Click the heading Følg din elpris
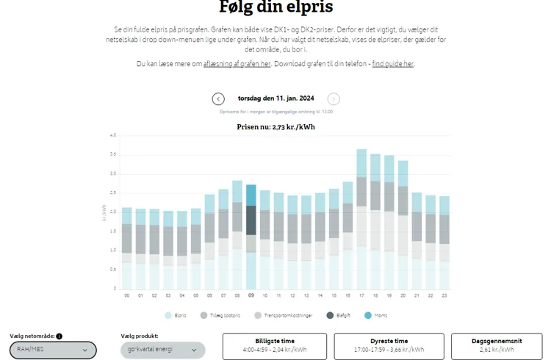coord(275,7)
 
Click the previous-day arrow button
coord(218,99)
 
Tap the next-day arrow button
coord(334,99)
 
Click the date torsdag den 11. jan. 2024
coord(275,98)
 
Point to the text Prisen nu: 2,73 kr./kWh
coord(275,127)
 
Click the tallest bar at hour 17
coord(361,220)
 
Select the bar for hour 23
coord(444,242)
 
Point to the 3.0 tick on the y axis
coord(112,173)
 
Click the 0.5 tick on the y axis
coord(112,270)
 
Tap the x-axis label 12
coord(292,295)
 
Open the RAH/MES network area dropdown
coord(53,350)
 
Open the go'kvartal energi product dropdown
coord(162,350)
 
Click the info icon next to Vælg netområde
coord(60,336)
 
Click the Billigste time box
coord(275,346)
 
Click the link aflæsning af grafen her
coord(237,64)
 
